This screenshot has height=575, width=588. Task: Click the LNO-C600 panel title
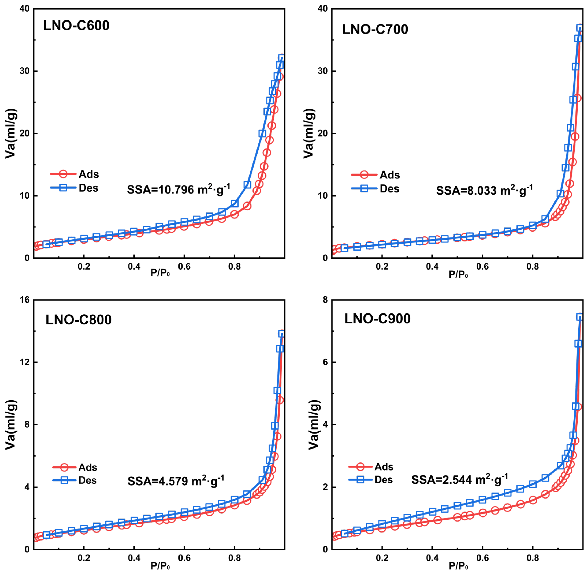pos(76,25)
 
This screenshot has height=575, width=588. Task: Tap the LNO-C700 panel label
pos(375,29)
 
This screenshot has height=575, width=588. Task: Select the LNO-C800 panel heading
pos(79,320)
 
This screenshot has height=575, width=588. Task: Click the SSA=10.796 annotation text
pos(178,189)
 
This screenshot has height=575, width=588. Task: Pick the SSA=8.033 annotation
pos(484,190)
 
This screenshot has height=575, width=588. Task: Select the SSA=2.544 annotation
pos(459,480)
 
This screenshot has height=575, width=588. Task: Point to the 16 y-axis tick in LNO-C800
pos(25,300)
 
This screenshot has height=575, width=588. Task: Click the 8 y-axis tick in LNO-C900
pos(325,300)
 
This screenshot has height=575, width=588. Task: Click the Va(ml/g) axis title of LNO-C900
pos(314,424)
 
